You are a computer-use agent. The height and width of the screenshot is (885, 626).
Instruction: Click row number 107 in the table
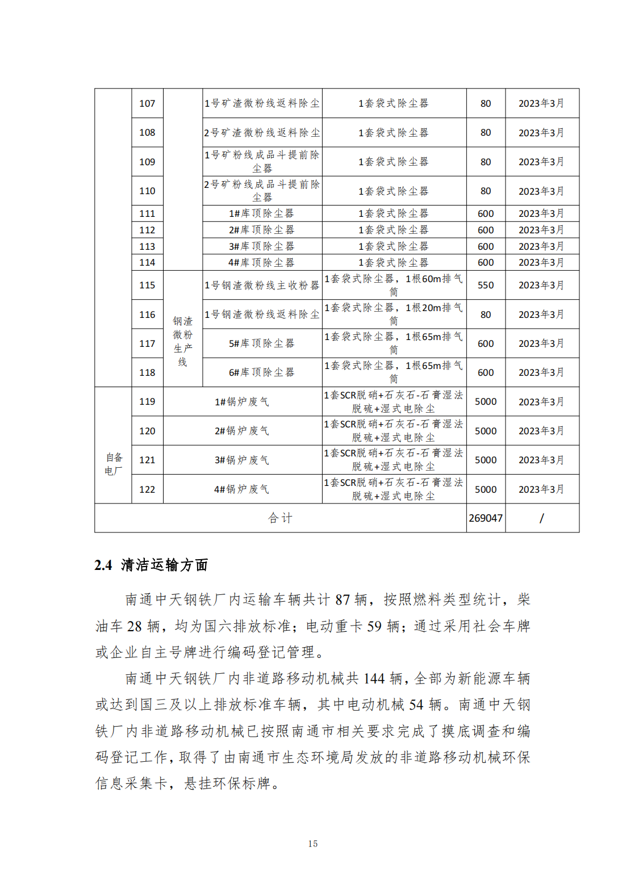pos(147,103)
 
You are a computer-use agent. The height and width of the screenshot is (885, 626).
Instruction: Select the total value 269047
pos(486,518)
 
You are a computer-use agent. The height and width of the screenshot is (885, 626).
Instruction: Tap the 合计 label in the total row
pos(280,518)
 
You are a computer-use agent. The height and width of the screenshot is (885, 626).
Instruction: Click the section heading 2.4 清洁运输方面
pos(151,565)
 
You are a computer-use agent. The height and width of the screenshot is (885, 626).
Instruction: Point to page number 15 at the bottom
pos(313,844)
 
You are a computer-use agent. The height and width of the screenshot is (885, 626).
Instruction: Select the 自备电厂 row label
pos(113,464)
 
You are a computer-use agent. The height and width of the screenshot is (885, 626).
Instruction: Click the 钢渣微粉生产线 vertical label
pos(182,341)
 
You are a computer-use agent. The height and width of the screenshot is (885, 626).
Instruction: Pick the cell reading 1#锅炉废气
pos(242,401)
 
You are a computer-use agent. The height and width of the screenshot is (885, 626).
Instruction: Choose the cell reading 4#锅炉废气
pos(242,489)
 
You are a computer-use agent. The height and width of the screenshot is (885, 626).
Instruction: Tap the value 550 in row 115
pos(486,285)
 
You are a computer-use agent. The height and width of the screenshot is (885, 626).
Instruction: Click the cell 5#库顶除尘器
pos(262,343)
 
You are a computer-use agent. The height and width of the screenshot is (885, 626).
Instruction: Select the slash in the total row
pos(541,518)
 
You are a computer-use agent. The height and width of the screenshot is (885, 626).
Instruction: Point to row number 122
pos(147,489)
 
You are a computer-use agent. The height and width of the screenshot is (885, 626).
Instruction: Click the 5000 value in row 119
pos(486,401)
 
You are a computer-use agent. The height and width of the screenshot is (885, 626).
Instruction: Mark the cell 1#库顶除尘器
pos(262,213)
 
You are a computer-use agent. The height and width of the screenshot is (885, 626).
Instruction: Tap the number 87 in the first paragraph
pos(343,599)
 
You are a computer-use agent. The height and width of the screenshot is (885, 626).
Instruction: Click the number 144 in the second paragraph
pos(374,678)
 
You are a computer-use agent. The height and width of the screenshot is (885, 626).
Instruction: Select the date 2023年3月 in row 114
pos(541,262)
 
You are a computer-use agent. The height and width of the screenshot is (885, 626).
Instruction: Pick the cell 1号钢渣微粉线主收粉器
pos(262,285)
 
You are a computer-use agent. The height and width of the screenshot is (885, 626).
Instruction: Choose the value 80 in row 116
pos(486,314)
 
